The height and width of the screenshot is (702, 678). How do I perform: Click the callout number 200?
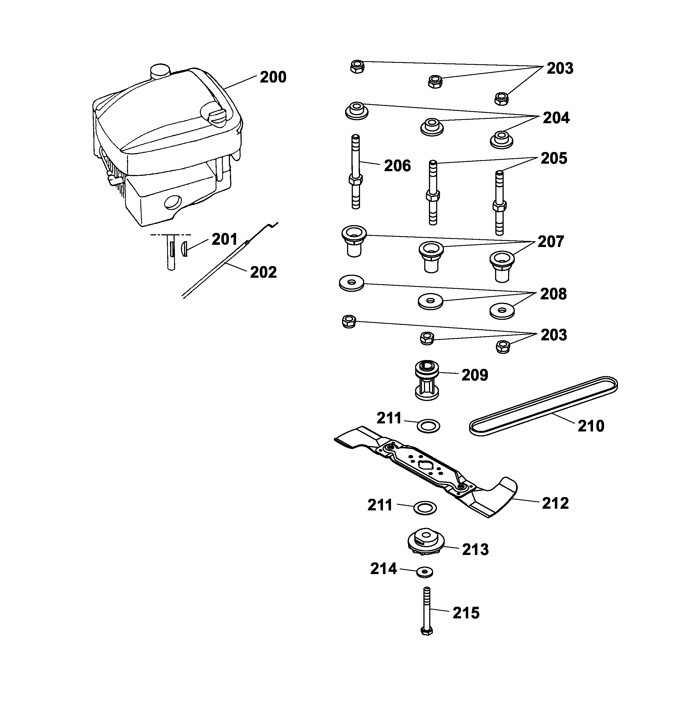click(273, 77)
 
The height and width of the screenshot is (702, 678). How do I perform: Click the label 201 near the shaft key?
click(224, 239)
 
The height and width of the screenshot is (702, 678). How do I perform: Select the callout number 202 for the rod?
click(263, 272)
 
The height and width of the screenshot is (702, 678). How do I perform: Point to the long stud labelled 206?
click(355, 172)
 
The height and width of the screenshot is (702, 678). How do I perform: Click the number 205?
click(553, 158)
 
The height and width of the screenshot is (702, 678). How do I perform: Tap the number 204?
click(556, 118)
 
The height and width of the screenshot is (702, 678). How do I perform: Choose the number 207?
click(550, 241)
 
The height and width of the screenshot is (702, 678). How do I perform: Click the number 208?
click(553, 294)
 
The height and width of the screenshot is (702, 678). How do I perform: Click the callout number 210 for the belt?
click(591, 426)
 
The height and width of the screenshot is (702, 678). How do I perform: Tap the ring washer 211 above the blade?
click(428, 426)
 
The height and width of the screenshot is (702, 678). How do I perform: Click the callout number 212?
click(555, 503)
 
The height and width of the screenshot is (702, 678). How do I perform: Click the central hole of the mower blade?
click(425, 464)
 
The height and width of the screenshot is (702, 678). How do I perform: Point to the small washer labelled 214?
click(425, 572)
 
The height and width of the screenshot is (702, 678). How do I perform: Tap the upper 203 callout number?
click(560, 68)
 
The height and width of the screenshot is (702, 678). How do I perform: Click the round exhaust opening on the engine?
click(173, 203)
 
